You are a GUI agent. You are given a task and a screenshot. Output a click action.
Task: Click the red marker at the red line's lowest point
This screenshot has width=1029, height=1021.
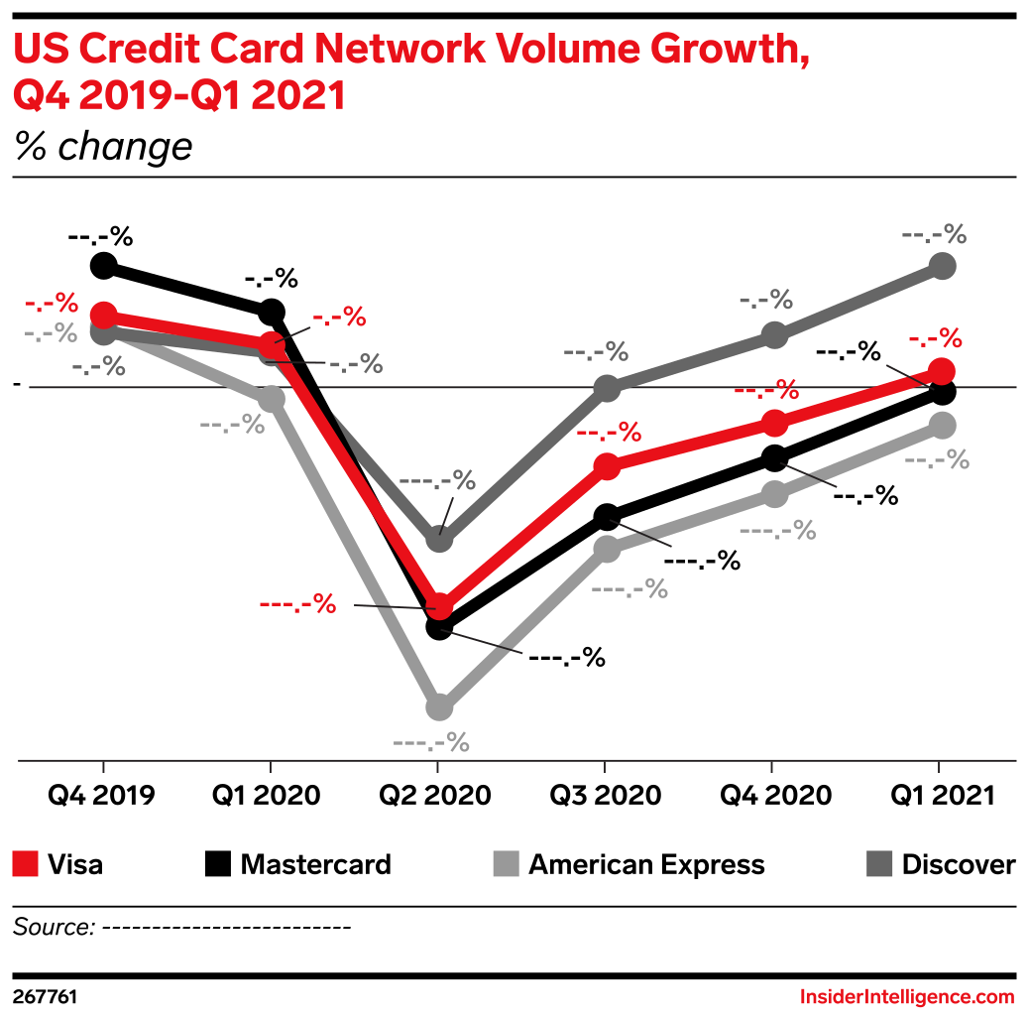pos(439,605)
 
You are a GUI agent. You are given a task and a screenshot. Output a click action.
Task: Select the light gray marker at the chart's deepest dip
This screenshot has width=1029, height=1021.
pos(439,707)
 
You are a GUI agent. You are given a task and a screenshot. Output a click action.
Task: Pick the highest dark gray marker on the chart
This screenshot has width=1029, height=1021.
pos(943,265)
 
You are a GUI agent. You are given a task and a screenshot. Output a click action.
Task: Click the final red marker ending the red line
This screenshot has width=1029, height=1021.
pos(943,371)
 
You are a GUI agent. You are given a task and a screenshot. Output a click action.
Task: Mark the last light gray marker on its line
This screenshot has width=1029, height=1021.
pos(943,426)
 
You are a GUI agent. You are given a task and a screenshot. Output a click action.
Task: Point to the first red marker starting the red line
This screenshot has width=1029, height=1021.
pos(104,316)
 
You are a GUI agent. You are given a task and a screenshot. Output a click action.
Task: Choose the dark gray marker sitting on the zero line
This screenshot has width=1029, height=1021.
pos(607,388)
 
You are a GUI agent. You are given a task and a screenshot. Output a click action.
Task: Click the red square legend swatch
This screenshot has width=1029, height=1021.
pos(26,863)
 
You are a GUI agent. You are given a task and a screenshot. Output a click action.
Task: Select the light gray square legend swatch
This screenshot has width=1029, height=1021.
pos(506,863)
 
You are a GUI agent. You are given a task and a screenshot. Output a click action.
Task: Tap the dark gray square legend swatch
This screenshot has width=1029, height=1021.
pos(879,863)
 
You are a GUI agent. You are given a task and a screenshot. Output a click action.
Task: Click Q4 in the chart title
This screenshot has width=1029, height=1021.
pos(39,96)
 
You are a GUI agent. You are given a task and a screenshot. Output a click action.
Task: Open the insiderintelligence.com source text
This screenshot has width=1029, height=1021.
pos(906,996)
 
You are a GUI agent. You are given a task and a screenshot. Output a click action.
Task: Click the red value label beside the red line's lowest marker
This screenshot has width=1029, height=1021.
pos(297,603)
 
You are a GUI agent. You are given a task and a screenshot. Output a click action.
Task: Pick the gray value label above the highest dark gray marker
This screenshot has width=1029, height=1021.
pos(934,234)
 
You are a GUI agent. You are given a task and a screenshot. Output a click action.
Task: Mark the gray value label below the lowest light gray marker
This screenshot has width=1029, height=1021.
pos(430,741)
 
